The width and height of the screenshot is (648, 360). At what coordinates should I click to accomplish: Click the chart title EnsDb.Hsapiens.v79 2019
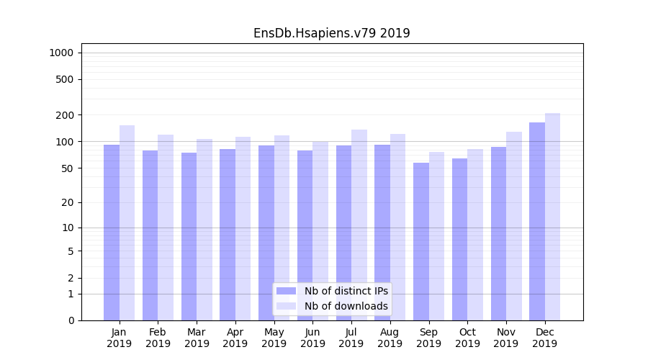tap(331, 33)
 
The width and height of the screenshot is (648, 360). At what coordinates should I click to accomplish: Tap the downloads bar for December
tap(552, 217)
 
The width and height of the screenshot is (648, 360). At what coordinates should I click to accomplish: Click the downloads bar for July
tap(359, 225)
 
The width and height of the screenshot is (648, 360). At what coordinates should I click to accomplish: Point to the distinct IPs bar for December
tap(537, 221)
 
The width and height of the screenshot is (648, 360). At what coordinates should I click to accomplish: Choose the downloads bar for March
tap(204, 230)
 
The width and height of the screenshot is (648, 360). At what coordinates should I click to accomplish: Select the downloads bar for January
tap(127, 222)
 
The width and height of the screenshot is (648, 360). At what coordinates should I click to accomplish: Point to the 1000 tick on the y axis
tap(60, 53)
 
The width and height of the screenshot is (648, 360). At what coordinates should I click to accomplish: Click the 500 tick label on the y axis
tap(65, 79)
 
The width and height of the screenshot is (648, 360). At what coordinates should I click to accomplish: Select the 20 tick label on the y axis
tap(68, 202)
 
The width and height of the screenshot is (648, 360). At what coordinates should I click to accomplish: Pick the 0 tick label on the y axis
tap(71, 320)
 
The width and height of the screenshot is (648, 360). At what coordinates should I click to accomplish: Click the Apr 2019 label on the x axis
tap(235, 338)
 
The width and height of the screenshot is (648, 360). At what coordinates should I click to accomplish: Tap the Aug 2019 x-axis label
tap(390, 338)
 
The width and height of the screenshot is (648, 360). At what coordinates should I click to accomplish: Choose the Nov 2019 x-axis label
tap(506, 338)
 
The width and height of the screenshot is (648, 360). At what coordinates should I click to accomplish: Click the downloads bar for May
tap(282, 228)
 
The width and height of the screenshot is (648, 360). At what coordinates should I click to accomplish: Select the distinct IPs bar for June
tap(305, 235)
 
